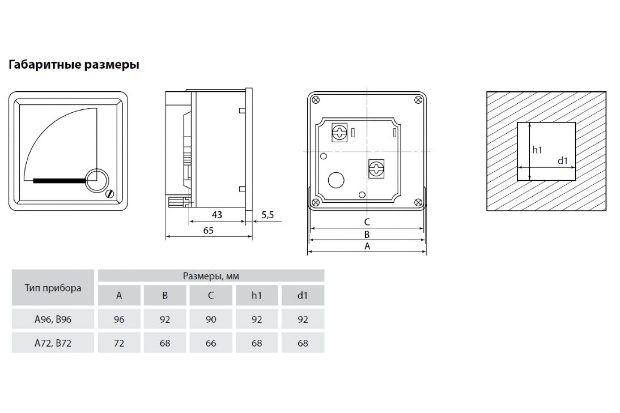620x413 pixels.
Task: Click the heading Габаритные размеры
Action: tap(74, 65)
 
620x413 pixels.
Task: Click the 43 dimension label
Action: tap(217, 215)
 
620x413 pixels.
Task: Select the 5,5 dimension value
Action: tap(268, 215)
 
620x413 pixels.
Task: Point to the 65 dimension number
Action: tap(208, 231)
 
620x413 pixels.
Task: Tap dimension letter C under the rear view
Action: tap(367, 222)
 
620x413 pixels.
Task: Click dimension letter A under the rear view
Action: tap(367, 246)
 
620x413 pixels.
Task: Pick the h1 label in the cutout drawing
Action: tap(537, 150)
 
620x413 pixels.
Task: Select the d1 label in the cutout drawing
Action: tap(563, 161)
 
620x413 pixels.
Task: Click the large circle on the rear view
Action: tap(336, 180)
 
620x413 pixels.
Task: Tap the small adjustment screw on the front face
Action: tap(109, 194)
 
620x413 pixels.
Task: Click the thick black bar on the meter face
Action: tap(60, 181)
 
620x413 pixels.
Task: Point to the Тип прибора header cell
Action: tap(53, 288)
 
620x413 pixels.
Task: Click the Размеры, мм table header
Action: tap(211, 276)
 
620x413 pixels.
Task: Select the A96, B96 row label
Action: tap(53, 319)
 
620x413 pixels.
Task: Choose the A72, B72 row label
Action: tap(53, 343)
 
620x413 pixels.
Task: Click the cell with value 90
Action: tap(211, 319)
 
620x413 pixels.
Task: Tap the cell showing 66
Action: tap(211, 343)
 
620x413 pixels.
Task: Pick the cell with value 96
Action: tap(119, 319)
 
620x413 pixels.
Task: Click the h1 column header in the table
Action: tap(257, 296)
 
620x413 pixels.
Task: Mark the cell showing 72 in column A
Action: tap(119, 343)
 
